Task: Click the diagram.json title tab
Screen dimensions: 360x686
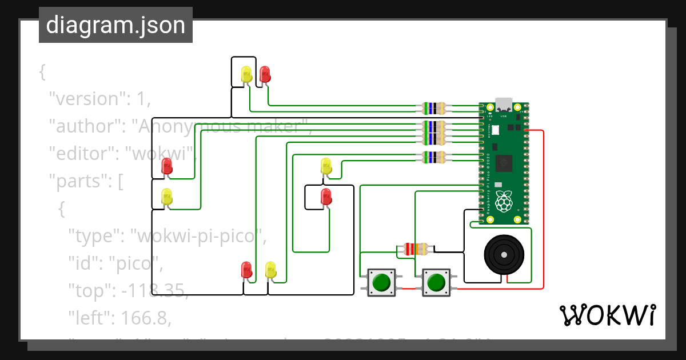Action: coord(115,25)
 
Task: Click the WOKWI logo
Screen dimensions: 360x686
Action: coord(607,315)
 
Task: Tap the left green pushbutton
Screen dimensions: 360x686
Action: coord(381,282)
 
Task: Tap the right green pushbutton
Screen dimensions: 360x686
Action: coord(436,282)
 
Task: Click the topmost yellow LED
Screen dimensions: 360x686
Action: coord(246,74)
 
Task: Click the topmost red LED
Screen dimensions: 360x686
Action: coord(265,74)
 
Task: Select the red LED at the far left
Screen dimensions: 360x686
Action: coord(167,166)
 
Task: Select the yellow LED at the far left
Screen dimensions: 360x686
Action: coord(167,196)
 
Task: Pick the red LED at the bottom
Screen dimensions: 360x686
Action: coord(246,270)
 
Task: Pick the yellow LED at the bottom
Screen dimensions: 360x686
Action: coord(270,270)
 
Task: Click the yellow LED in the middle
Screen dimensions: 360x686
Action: coord(326,166)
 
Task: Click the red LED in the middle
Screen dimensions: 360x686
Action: coord(326,196)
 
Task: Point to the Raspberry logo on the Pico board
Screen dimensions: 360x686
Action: coord(503,201)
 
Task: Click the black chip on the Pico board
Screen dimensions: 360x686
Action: coord(504,162)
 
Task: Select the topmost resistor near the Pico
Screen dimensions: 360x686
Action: coord(434,107)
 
